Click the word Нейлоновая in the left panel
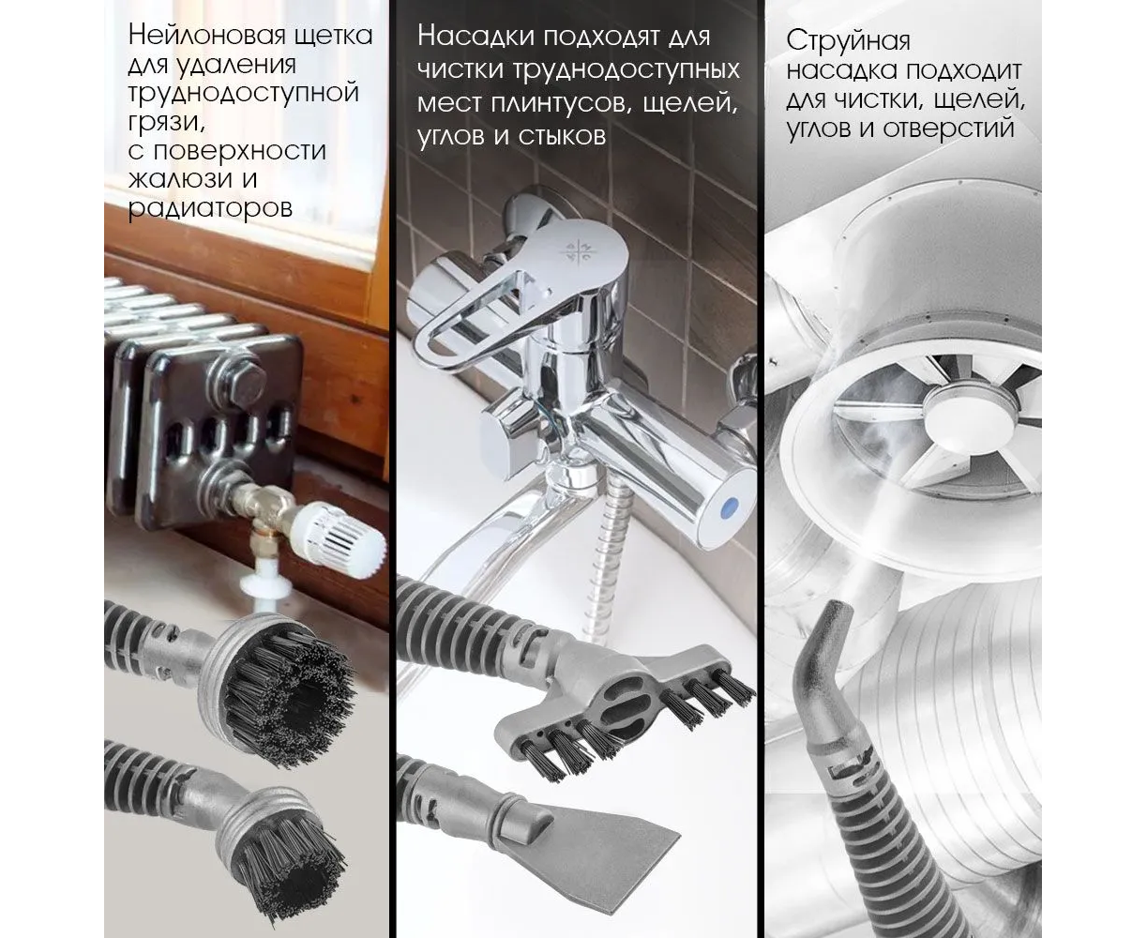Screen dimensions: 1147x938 point(207,36)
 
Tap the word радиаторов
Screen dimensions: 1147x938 point(210,208)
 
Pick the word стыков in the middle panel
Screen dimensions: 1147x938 point(562,136)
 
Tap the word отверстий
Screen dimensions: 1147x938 point(948,129)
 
